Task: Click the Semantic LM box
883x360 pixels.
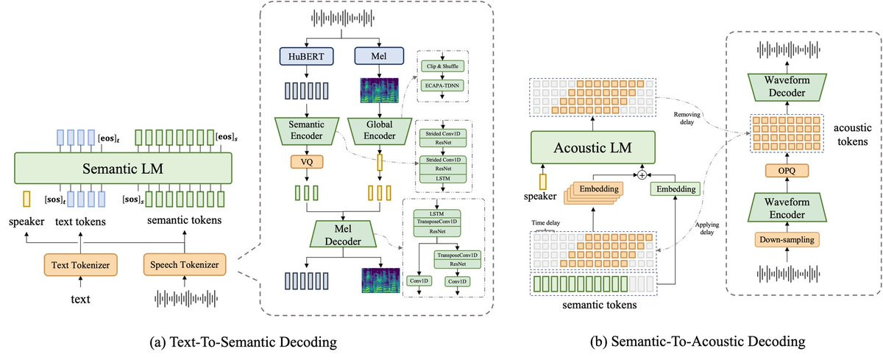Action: (x=123, y=169)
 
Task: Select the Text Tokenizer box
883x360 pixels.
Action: (x=80, y=264)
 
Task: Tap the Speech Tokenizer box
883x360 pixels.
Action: (x=185, y=264)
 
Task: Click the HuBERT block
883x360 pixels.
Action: (x=306, y=56)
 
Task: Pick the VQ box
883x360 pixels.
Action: (x=307, y=162)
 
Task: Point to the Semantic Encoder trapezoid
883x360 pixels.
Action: (x=307, y=130)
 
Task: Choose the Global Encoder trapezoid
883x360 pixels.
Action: (x=379, y=130)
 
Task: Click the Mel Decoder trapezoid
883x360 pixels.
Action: (x=343, y=234)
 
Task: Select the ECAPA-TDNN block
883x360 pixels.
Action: (x=442, y=85)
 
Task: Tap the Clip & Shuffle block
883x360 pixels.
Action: (x=442, y=66)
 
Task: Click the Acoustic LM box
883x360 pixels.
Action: (x=593, y=147)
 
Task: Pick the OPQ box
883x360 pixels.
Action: (x=787, y=171)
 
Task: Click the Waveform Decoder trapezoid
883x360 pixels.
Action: (x=787, y=87)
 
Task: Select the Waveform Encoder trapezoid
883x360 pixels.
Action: (x=787, y=208)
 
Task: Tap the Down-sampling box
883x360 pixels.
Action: (x=787, y=240)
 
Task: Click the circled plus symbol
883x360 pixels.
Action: (x=642, y=174)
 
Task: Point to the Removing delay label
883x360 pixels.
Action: (x=687, y=119)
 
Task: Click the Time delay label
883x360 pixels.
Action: (x=545, y=223)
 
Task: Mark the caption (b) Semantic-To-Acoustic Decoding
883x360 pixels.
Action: (x=698, y=342)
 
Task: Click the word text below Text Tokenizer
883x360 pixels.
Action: (x=80, y=300)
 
